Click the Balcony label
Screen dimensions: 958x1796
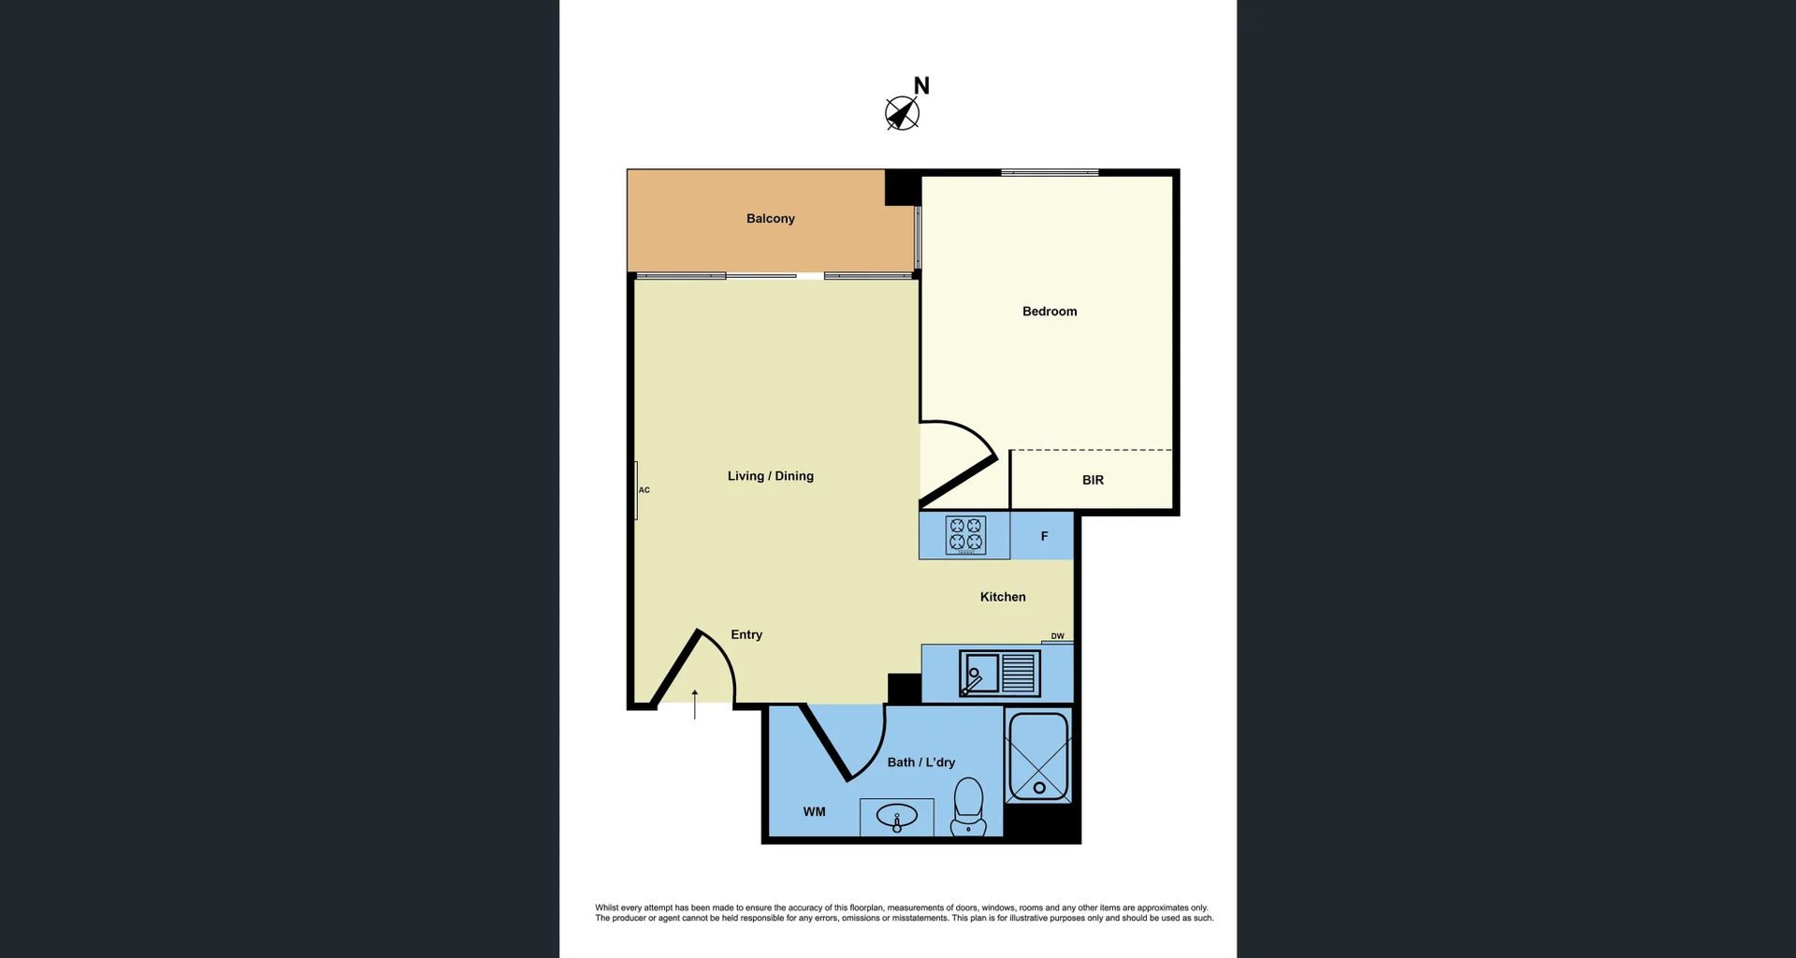(770, 218)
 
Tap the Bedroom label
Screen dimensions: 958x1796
(1049, 312)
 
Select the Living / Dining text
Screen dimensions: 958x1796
(770, 476)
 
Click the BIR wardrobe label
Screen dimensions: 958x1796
(1093, 480)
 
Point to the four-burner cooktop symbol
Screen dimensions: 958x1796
(965, 534)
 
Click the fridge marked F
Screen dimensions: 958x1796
(1044, 536)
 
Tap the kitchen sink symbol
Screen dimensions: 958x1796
(999, 674)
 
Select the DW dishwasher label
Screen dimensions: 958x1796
(1057, 636)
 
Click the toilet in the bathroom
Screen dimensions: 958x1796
(968, 807)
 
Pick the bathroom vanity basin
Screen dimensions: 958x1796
(896, 817)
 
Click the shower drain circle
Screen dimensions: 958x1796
(1039, 788)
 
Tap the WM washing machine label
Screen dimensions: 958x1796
(814, 812)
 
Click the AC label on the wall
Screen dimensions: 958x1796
(644, 490)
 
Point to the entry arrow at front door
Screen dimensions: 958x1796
(694, 704)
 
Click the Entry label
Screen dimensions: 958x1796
(746, 634)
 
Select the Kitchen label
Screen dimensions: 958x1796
(1003, 597)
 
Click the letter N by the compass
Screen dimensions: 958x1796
(921, 86)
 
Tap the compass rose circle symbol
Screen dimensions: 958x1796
(902, 114)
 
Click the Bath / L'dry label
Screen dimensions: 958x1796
(920, 762)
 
